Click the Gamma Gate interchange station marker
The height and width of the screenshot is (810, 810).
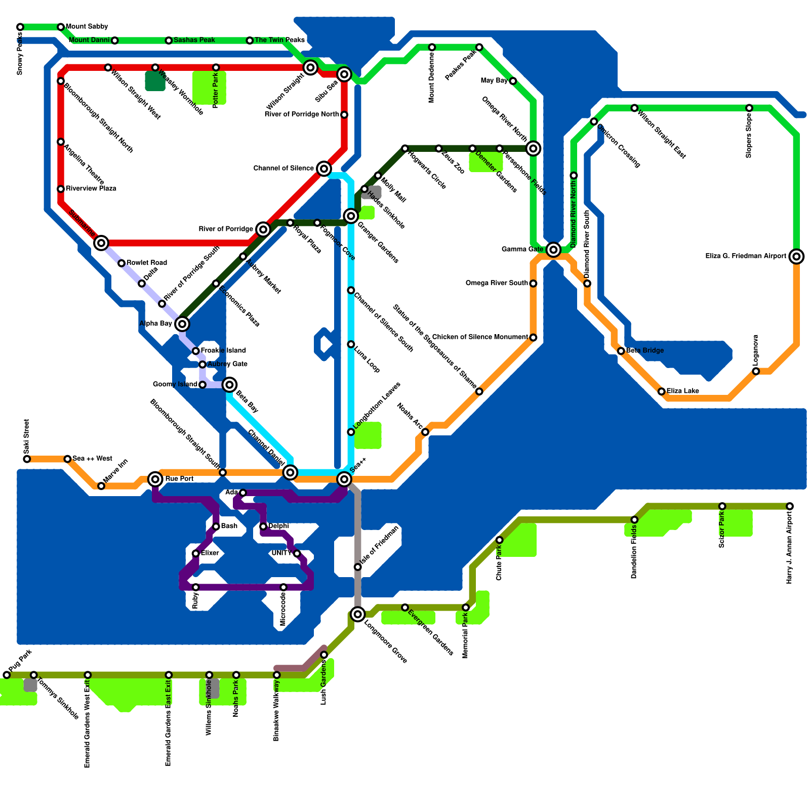[553, 249]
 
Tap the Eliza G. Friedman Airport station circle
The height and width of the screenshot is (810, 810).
[796, 256]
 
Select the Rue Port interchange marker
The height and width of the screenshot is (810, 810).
[155, 479]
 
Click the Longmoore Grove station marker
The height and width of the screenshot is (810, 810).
[358, 614]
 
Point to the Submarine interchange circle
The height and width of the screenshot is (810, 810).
[101, 243]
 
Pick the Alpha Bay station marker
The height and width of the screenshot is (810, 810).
[182, 324]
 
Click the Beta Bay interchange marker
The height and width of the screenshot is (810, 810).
[229, 385]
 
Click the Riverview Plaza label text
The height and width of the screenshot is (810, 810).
[91, 189]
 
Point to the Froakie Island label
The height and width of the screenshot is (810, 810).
[223, 350]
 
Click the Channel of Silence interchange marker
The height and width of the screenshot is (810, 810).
[324, 169]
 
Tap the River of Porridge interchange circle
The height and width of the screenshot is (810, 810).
[263, 229]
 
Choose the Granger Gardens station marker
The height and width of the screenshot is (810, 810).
[351, 216]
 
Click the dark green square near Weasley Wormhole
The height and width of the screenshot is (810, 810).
[155, 82]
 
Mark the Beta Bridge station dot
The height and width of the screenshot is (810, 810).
[621, 351]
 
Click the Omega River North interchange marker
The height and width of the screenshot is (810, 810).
[533, 148]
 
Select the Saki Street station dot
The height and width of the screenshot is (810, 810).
[27, 459]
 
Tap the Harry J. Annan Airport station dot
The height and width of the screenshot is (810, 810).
[790, 506]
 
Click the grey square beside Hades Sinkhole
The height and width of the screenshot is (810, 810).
[374, 192]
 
